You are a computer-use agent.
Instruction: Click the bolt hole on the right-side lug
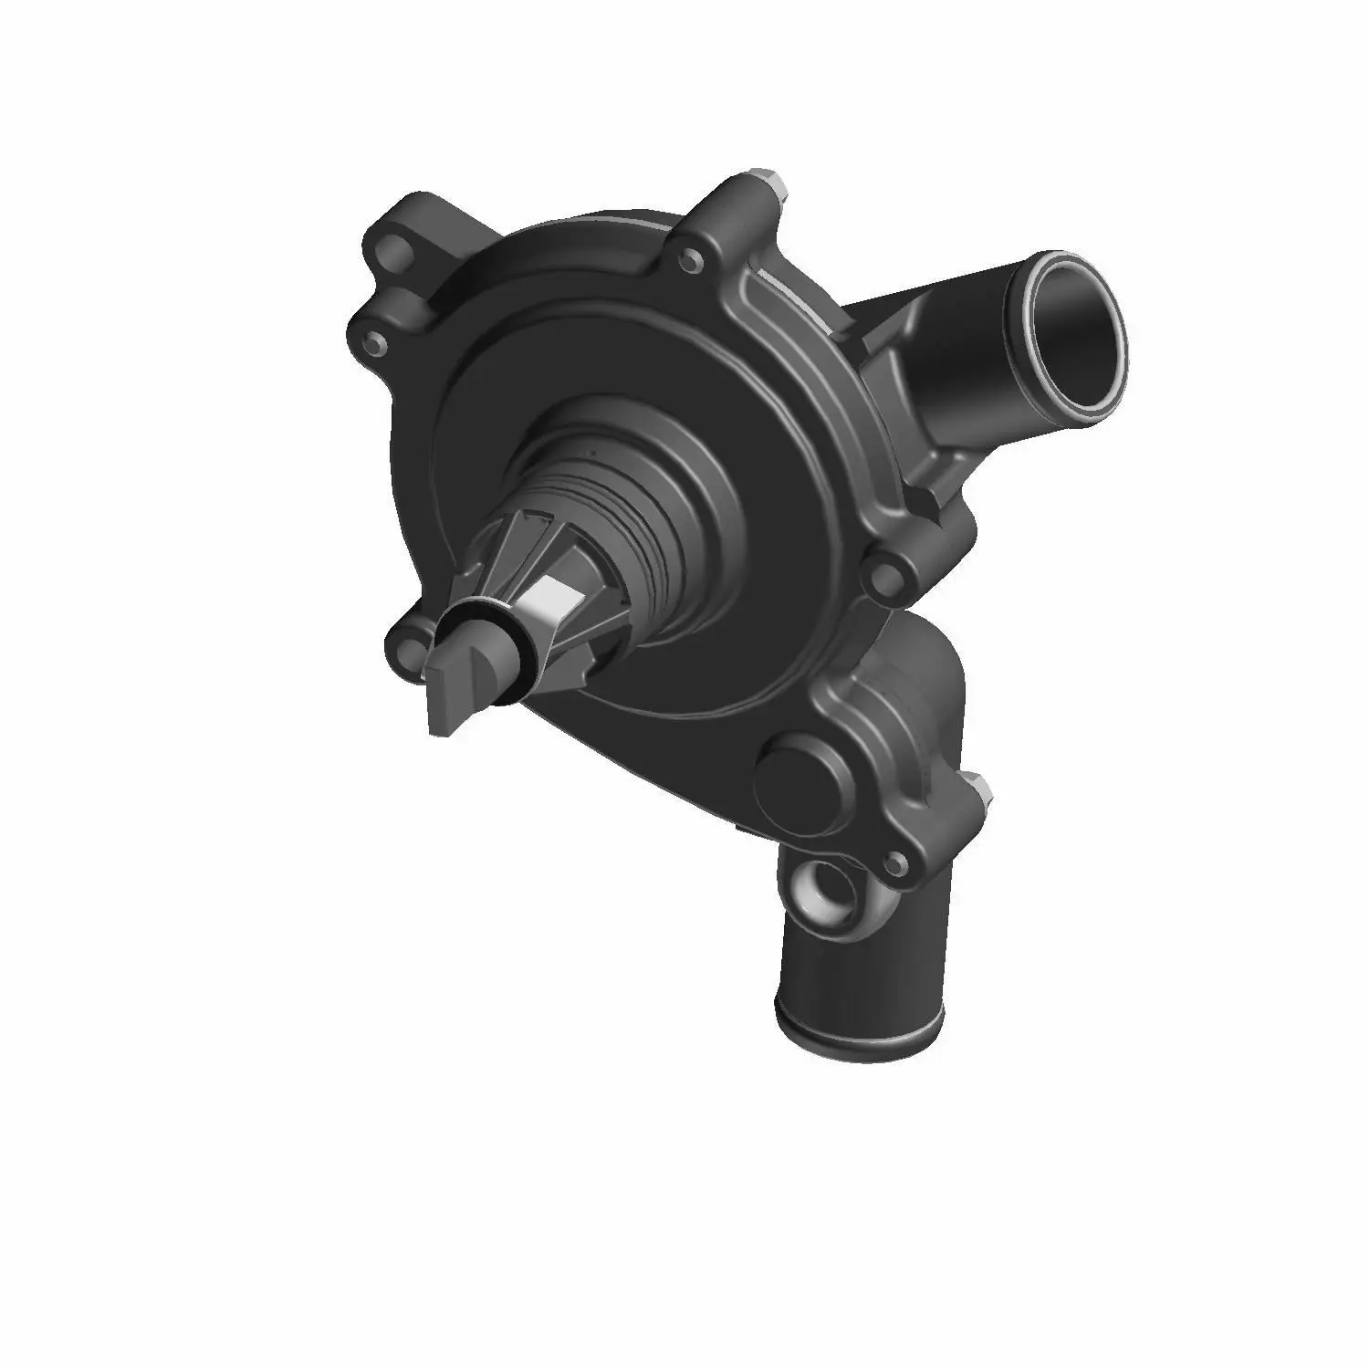click(x=883, y=574)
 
